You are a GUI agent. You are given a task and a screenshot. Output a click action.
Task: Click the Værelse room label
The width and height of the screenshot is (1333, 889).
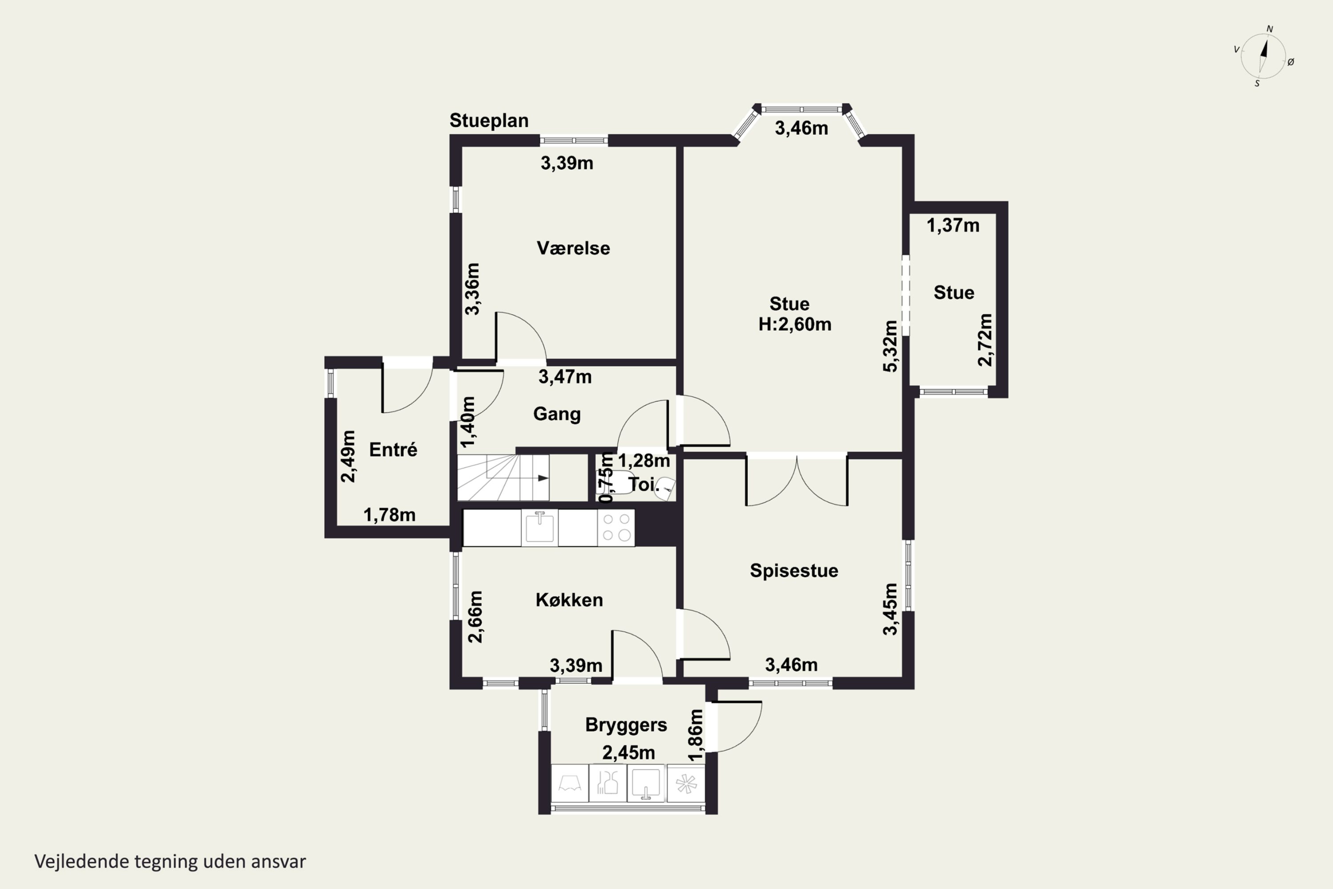point(573,248)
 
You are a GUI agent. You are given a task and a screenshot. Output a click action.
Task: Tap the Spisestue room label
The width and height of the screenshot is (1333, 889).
point(794,571)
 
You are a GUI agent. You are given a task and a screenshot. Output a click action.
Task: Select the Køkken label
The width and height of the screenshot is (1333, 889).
point(569,600)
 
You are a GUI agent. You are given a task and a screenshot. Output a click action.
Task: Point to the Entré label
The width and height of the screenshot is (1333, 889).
point(393,449)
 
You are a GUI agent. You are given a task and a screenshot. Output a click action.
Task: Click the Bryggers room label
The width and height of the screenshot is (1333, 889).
point(626,725)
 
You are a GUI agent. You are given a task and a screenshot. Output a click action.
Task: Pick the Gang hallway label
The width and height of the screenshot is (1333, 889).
point(557,414)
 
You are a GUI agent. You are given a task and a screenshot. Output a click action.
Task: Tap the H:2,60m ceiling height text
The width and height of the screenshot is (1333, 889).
point(794,324)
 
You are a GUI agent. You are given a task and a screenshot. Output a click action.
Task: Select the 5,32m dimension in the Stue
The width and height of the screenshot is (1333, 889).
point(890,346)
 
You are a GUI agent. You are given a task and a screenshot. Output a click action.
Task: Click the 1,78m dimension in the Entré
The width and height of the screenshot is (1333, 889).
point(389,515)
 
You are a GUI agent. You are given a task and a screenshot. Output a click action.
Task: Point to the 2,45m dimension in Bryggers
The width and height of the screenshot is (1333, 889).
point(629,753)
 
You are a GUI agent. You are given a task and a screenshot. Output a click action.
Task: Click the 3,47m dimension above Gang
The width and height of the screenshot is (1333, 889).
point(565,376)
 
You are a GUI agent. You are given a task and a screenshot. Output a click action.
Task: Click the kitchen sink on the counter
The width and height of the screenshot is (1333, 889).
point(539,527)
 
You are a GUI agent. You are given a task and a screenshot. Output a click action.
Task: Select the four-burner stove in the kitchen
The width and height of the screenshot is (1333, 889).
point(616,527)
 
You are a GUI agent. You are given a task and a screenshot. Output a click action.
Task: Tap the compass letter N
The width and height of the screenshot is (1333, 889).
point(1269,29)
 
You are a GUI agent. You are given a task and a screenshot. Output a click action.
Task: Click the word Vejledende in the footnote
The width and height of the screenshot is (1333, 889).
point(82,862)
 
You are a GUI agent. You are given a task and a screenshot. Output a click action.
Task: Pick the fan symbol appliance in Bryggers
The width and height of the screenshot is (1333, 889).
point(686,784)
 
